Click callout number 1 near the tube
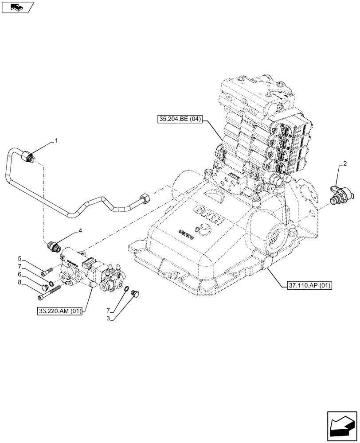tap(56, 141)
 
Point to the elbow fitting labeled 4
tap(53, 245)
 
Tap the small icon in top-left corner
tap(18, 7)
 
